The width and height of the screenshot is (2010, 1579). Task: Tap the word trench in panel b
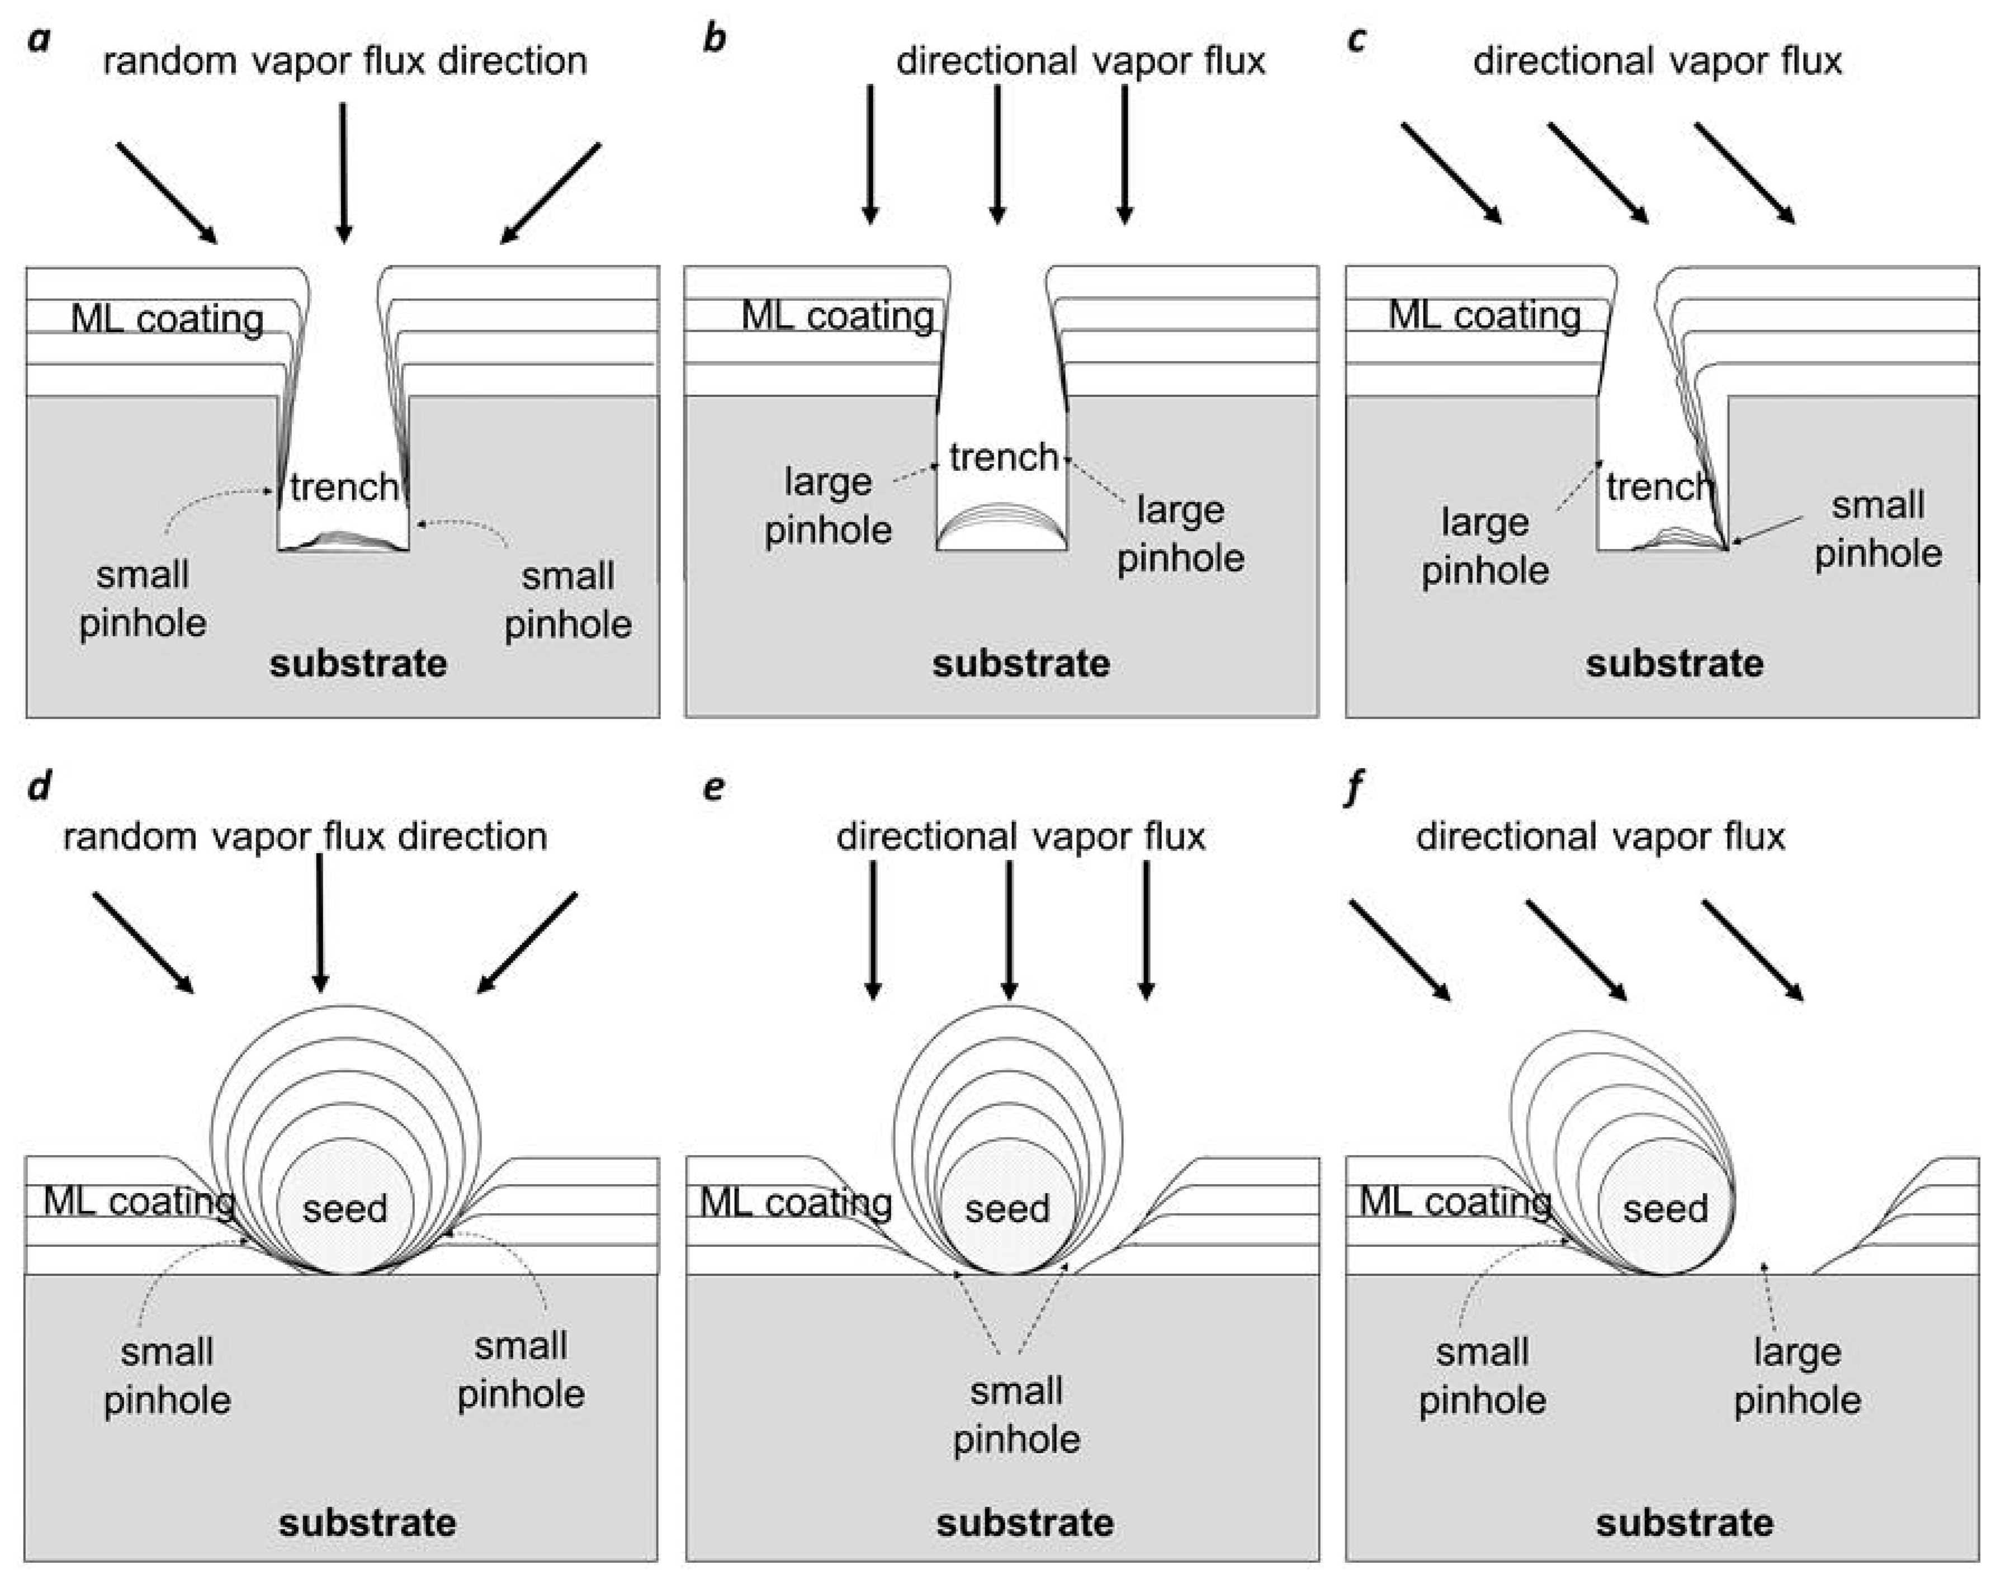coord(1003,457)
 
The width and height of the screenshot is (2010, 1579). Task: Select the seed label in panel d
coord(345,1208)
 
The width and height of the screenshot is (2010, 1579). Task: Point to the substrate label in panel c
coord(1675,664)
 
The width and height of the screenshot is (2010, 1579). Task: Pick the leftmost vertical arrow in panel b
coord(869,153)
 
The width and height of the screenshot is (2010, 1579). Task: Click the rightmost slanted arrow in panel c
coord(1744,173)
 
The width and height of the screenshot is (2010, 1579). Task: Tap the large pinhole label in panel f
coord(1796,1375)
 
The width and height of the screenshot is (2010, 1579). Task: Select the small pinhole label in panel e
coord(1016,1415)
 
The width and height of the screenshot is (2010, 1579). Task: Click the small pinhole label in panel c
coord(1878,529)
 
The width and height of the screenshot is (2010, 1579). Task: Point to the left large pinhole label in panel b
coord(827,505)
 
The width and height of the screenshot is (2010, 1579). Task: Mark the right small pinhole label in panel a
coord(567,600)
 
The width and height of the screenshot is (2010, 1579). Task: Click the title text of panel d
coord(305,836)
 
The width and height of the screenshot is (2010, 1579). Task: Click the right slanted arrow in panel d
coord(527,942)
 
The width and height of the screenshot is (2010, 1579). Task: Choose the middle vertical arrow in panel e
coord(1009,929)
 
